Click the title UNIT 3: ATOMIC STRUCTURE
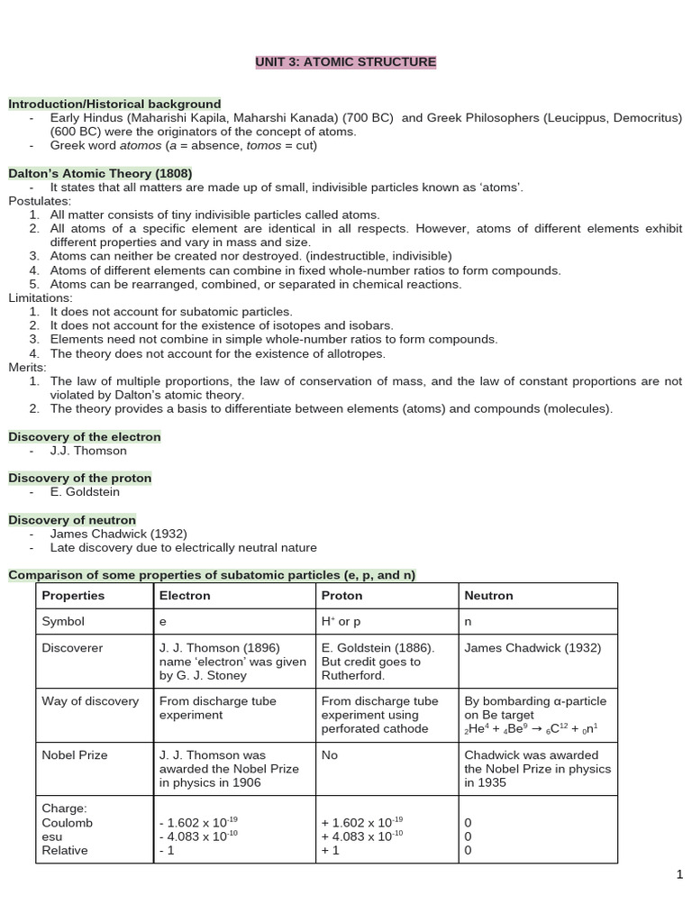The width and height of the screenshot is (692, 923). point(346,62)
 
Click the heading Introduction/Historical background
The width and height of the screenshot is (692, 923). point(114,104)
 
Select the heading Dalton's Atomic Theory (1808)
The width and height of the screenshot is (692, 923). point(100,173)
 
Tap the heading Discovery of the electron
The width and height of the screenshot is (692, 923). point(85,436)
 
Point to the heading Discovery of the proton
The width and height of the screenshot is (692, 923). point(80,478)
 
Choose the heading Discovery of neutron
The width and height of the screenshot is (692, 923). point(72,519)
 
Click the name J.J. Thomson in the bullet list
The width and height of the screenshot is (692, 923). point(88,451)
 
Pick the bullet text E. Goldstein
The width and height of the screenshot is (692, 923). point(85,492)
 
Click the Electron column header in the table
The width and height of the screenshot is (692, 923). point(185,596)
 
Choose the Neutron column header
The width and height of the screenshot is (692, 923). point(488,596)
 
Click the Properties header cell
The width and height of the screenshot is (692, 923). point(73,596)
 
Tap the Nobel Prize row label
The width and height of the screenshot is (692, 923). point(74,755)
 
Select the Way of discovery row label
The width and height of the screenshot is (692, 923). point(90,701)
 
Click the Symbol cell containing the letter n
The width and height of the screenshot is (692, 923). point(468,622)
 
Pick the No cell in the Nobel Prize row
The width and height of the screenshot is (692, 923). point(330,755)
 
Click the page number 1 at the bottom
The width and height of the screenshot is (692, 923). point(680,874)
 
